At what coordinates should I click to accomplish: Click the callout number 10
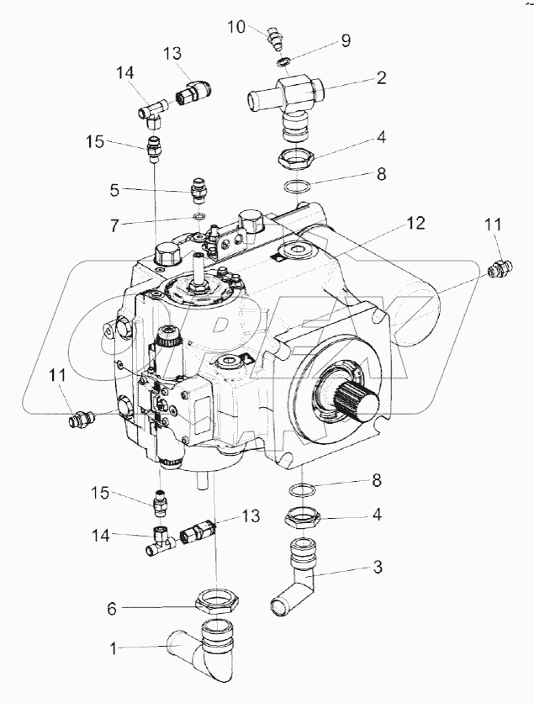point(235,28)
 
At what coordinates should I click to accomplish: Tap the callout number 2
point(381,80)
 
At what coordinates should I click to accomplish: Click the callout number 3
point(378,568)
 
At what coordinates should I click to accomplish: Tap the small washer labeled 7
point(199,218)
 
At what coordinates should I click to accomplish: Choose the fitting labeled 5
point(199,191)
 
